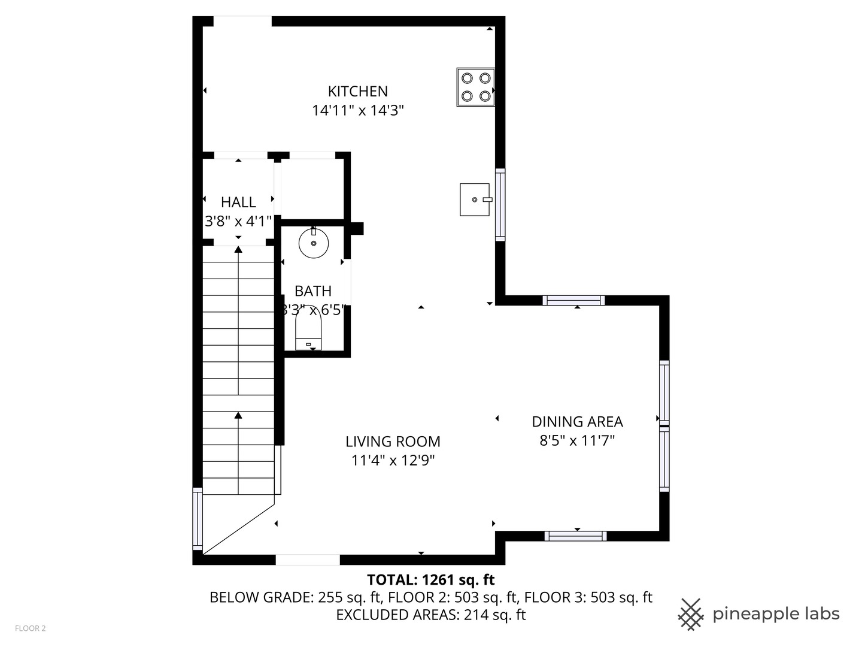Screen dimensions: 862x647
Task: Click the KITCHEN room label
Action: pyautogui.click(x=357, y=91)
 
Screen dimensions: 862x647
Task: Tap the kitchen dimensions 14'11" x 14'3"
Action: pyautogui.click(x=357, y=110)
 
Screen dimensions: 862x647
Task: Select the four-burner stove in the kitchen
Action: pyautogui.click(x=475, y=87)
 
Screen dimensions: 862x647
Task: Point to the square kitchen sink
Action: pyautogui.click(x=475, y=199)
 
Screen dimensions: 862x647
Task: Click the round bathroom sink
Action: pyautogui.click(x=314, y=243)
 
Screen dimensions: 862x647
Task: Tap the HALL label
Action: pyautogui.click(x=238, y=202)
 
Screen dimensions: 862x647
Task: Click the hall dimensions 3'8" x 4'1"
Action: pyautogui.click(x=238, y=221)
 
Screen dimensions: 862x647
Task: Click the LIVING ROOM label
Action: pyautogui.click(x=393, y=442)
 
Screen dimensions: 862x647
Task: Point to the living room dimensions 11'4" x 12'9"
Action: pyautogui.click(x=393, y=461)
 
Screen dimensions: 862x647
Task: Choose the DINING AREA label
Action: pyautogui.click(x=577, y=422)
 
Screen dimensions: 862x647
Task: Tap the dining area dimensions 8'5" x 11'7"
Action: pyautogui.click(x=577, y=441)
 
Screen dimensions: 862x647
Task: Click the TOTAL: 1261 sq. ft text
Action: pyautogui.click(x=430, y=580)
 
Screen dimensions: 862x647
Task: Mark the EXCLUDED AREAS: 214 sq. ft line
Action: pyautogui.click(x=430, y=615)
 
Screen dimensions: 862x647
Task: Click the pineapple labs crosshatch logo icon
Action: pyautogui.click(x=691, y=615)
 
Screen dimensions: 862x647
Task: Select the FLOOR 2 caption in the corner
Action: pyautogui.click(x=31, y=628)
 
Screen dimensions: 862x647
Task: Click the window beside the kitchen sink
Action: pyautogui.click(x=500, y=205)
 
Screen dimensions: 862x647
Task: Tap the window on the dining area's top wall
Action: pyautogui.click(x=573, y=301)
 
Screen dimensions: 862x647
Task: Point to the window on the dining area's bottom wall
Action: pyautogui.click(x=576, y=536)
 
